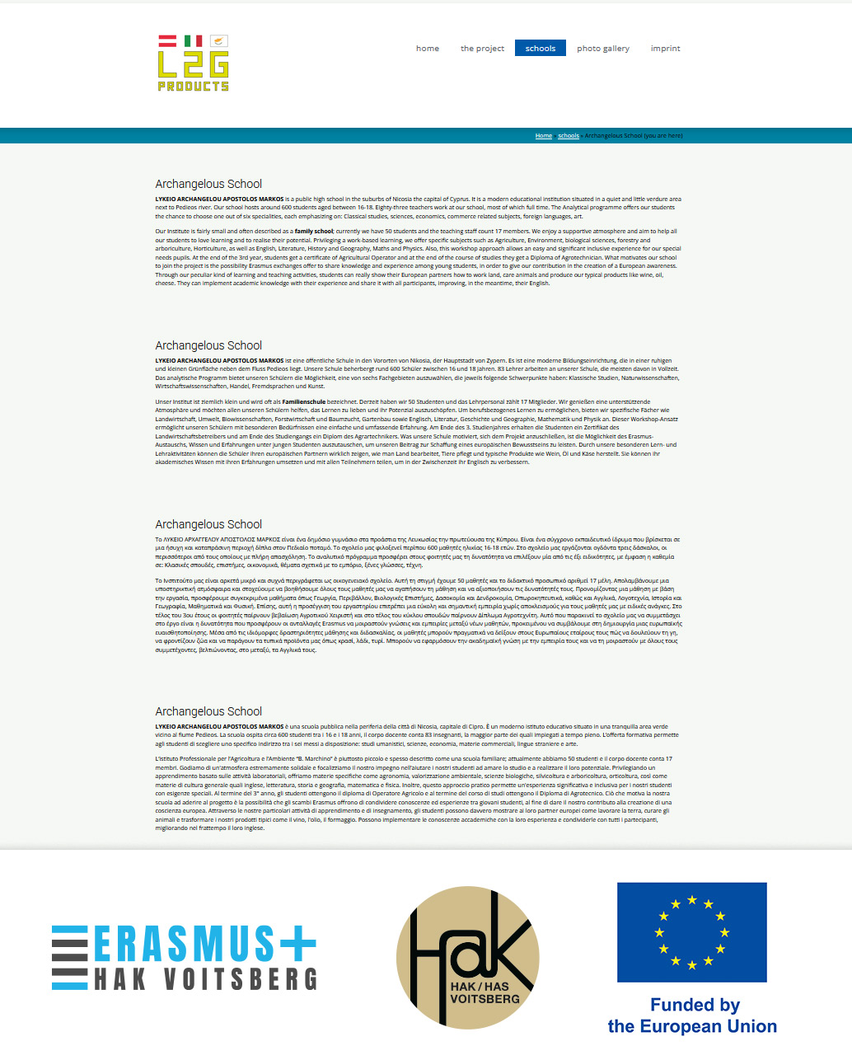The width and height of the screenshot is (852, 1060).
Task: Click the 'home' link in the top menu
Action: (x=428, y=49)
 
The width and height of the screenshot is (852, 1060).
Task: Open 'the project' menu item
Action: (x=482, y=49)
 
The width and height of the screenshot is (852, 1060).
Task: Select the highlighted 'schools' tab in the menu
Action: (x=541, y=49)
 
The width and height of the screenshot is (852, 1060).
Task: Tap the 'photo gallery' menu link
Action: (x=603, y=49)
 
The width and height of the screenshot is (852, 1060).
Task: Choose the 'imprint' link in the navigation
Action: (x=665, y=49)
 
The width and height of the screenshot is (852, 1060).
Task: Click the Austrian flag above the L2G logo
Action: (x=167, y=40)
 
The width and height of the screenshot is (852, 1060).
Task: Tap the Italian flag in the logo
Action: (x=194, y=40)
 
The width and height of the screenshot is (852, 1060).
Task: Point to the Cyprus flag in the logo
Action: (x=219, y=40)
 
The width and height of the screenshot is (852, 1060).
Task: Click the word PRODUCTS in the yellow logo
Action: (x=194, y=86)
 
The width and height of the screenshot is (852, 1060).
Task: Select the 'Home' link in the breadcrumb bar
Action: (x=544, y=136)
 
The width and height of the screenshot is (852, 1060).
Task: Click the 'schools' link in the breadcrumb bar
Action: (x=569, y=136)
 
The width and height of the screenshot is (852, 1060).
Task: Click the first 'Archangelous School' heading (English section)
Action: (x=208, y=184)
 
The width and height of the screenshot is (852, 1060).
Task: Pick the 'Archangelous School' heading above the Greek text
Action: (x=208, y=524)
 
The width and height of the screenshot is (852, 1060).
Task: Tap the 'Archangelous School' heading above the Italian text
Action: (x=208, y=711)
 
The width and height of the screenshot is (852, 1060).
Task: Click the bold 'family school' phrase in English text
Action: (x=314, y=232)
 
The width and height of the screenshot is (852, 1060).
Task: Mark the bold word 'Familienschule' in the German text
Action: (x=304, y=401)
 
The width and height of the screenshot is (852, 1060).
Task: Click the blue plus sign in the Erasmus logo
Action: (x=296, y=943)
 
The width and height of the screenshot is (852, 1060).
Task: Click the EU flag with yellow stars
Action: (x=691, y=932)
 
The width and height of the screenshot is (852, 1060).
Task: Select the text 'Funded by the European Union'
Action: (x=692, y=1015)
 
